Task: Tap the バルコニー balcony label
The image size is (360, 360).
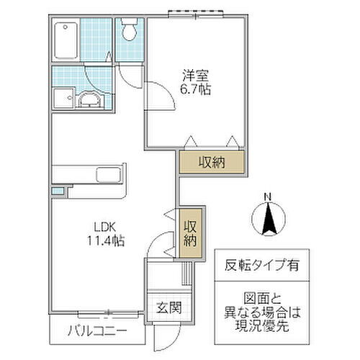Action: tap(99, 331)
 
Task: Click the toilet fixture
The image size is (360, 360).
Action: tap(130, 30)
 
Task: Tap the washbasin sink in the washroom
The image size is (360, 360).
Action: tap(89, 100)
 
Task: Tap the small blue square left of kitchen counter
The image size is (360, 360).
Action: tap(57, 191)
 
